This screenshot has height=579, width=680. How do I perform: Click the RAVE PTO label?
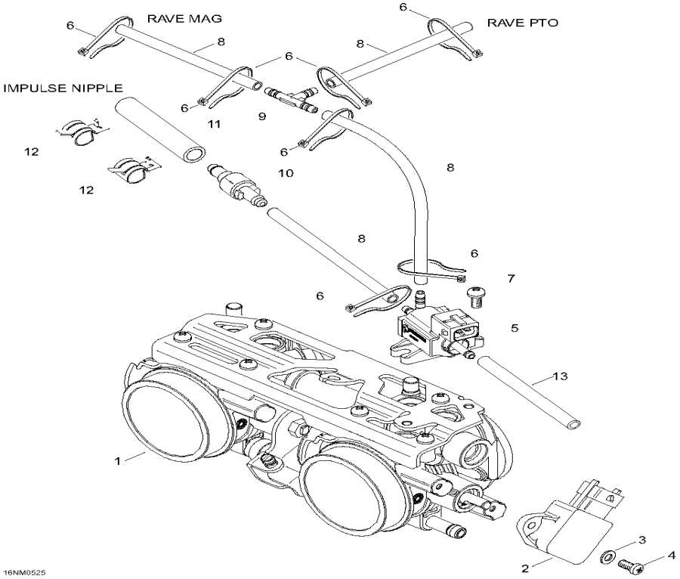coord(522,23)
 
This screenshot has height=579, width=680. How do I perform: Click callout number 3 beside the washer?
coord(642,539)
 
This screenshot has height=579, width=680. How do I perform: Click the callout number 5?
coord(515,328)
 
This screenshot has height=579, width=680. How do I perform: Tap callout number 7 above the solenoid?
coord(511,279)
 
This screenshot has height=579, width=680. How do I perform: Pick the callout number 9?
coord(262,116)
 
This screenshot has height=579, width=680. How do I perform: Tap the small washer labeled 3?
coord(607,557)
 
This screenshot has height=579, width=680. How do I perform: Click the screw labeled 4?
coord(629,565)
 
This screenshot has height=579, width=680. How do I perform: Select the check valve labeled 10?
coord(240,184)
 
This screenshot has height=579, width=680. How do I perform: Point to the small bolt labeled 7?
coord(477,293)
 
